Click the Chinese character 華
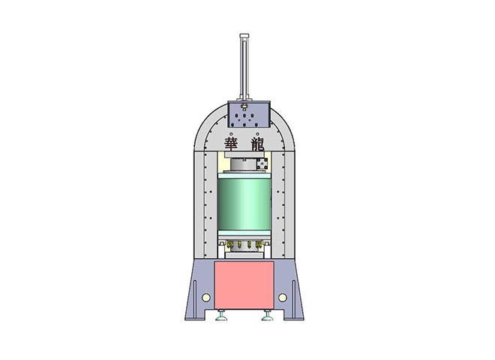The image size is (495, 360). [231, 144]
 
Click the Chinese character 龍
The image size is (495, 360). [257, 144]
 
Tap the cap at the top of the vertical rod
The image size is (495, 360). [244, 36]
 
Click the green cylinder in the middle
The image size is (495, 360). [244, 204]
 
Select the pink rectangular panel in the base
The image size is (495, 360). [244, 285]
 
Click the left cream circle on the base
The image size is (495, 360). [205, 297]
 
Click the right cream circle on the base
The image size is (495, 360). [283, 297]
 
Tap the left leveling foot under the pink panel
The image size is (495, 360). [221, 316]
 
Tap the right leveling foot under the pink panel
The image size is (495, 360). [267, 316]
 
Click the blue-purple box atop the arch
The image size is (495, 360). [249, 114]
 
